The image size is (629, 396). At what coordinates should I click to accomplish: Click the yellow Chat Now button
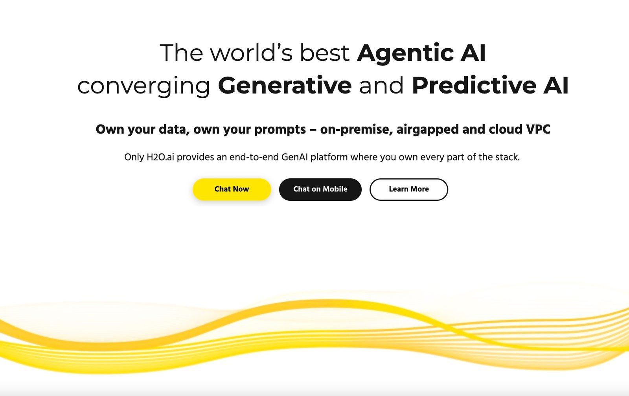pos(232,189)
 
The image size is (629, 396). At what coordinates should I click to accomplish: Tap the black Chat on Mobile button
pos(320,189)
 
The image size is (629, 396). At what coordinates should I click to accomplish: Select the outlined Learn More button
pos(408,189)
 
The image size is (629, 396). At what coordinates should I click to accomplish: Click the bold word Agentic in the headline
pos(405,53)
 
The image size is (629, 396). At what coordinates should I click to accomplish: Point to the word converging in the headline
pos(143,86)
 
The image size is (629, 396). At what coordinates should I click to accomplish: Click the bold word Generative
pos(285,85)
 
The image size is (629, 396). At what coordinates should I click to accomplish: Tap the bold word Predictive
pos(474,85)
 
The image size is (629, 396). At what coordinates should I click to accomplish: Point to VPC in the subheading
pos(538,129)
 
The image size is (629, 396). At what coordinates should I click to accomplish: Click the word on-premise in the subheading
pos(356,130)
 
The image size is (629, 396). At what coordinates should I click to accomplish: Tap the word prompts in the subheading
pos(280,130)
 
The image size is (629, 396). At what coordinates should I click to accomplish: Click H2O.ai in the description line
pos(160,157)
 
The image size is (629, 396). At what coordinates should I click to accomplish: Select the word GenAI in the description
pos(294,157)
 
